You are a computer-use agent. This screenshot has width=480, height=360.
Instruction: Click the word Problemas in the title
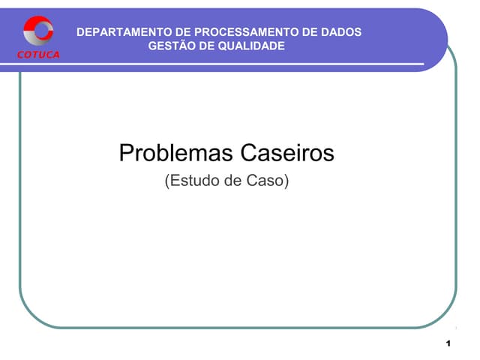[x=175, y=154]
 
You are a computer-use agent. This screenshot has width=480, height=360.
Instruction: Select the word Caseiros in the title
[x=286, y=154]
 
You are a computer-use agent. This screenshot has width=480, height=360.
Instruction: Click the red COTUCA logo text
[x=39, y=55]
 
